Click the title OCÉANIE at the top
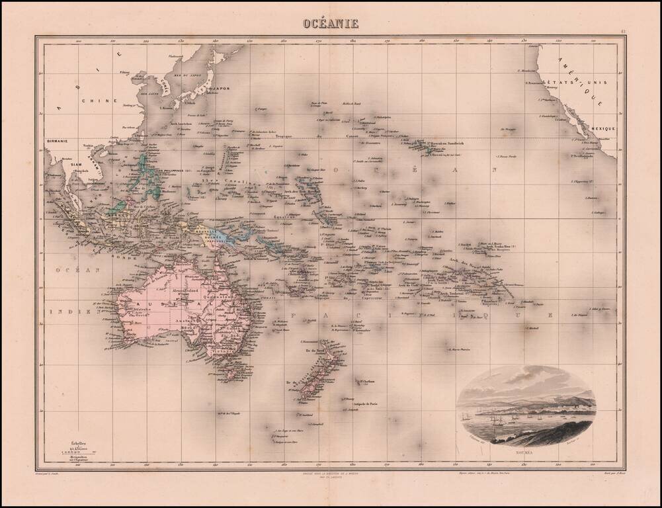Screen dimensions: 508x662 [331, 24]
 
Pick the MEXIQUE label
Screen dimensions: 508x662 [604, 128]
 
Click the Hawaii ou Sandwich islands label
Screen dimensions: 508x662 [444, 144]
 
